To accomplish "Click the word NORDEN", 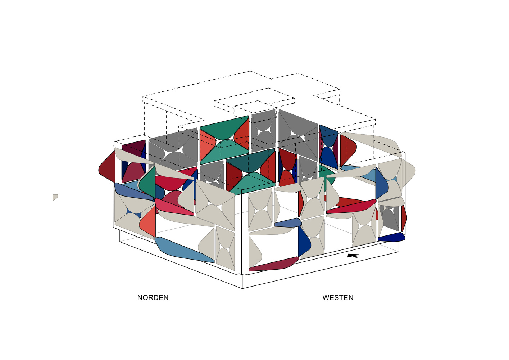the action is (x=153, y=297).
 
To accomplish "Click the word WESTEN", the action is (x=338, y=297).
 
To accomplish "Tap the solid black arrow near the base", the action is (x=353, y=256).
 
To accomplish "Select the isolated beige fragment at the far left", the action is (x=55, y=197).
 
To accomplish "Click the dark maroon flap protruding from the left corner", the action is (x=107, y=167).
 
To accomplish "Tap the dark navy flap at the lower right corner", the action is (x=391, y=237).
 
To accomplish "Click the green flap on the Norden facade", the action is (x=147, y=182).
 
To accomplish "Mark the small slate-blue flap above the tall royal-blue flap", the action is (x=288, y=222).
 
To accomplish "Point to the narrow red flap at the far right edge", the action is (x=404, y=218).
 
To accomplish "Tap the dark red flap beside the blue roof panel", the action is (x=347, y=150).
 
